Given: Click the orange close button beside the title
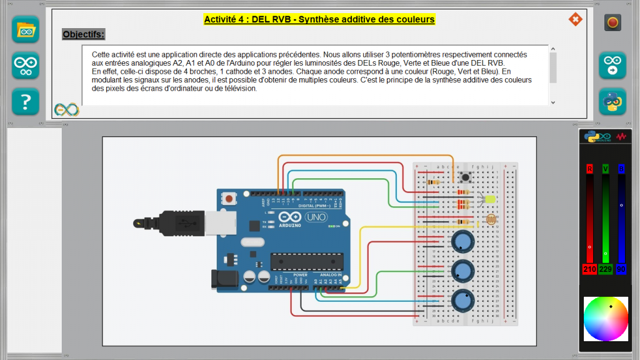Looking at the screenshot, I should click(575, 19).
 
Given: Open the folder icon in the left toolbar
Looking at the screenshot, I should click(26, 29).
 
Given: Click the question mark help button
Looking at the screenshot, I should click(26, 101).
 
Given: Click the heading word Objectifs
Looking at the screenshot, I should click(84, 34).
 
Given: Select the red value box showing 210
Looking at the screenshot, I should click(589, 269).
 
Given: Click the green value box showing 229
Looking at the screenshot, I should click(605, 269).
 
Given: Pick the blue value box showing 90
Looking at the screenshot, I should click(621, 269).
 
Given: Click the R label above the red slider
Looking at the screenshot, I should click(589, 169).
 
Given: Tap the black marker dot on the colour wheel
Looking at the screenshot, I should click(611, 306).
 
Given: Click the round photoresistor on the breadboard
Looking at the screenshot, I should click(491, 221).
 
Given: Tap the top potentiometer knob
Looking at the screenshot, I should click(462, 241).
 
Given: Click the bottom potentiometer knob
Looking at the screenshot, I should click(462, 301).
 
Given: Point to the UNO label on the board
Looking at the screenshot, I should click(316, 217).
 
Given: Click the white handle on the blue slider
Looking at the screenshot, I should click(621, 205).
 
